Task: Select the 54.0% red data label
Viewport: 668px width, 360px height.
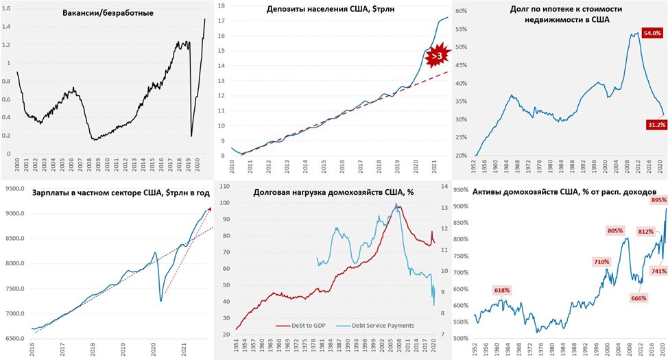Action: [x=651, y=33]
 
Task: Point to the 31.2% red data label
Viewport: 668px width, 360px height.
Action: [x=652, y=125]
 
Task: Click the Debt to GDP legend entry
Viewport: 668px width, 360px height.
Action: [x=308, y=325]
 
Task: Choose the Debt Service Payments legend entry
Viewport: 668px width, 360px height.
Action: [x=382, y=325]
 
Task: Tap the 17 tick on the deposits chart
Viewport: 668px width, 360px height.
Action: [x=221, y=21]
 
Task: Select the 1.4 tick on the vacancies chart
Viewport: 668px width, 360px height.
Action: [x=8, y=27]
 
